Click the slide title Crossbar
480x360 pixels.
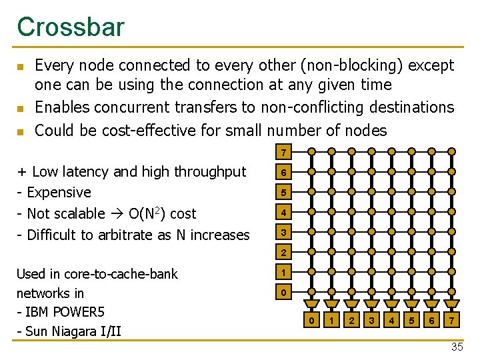(71, 27)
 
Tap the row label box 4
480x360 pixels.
(284, 213)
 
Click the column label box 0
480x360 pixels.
(311, 321)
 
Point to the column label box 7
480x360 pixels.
(452, 321)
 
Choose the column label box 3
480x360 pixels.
(371, 321)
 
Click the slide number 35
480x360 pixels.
(457, 347)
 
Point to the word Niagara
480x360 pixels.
(75, 331)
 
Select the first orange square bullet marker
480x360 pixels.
(20, 67)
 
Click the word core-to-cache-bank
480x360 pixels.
(122, 274)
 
